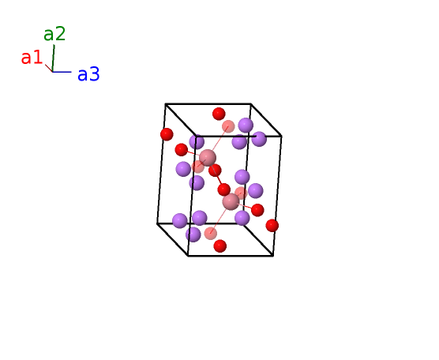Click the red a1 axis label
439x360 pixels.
pyautogui.click(x=32, y=58)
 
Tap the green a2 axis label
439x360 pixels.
pyautogui.click(x=54, y=34)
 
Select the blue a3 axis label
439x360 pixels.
pyautogui.click(x=88, y=74)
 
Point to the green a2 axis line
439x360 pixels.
pyautogui.click(x=53, y=58)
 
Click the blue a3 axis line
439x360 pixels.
pyautogui.click(x=62, y=72)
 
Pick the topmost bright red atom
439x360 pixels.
pyautogui.click(x=219, y=114)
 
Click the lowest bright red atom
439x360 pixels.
pyautogui.click(x=220, y=246)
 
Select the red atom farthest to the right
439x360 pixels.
pyautogui.click(x=272, y=225)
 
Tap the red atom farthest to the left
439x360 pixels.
pyautogui.click(x=167, y=134)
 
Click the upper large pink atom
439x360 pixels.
pyautogui.click(x=208, y=158)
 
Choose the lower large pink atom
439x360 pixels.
pyautogui.click(x=231, y=201)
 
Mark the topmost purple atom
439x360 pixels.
pyautogui.click(x=246, y=125)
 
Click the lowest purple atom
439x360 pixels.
pyautogui.click(x=193, y=234)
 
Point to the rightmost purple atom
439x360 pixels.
pyautogui.click(x=259, y=139)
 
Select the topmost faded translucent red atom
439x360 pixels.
pyautogui.click(x=228, y=126)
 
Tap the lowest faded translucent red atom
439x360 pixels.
pyautogui.click(x=211, y=234)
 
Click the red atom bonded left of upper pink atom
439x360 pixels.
pyautogui.click(x=181, y=150)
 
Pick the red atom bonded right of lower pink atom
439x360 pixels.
pyautogui.click(x=257, y=210)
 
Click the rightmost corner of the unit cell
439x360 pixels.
pyautogui.click(x=281, y=137)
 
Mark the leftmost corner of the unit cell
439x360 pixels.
pyautogui.click(x=157, y=223)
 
